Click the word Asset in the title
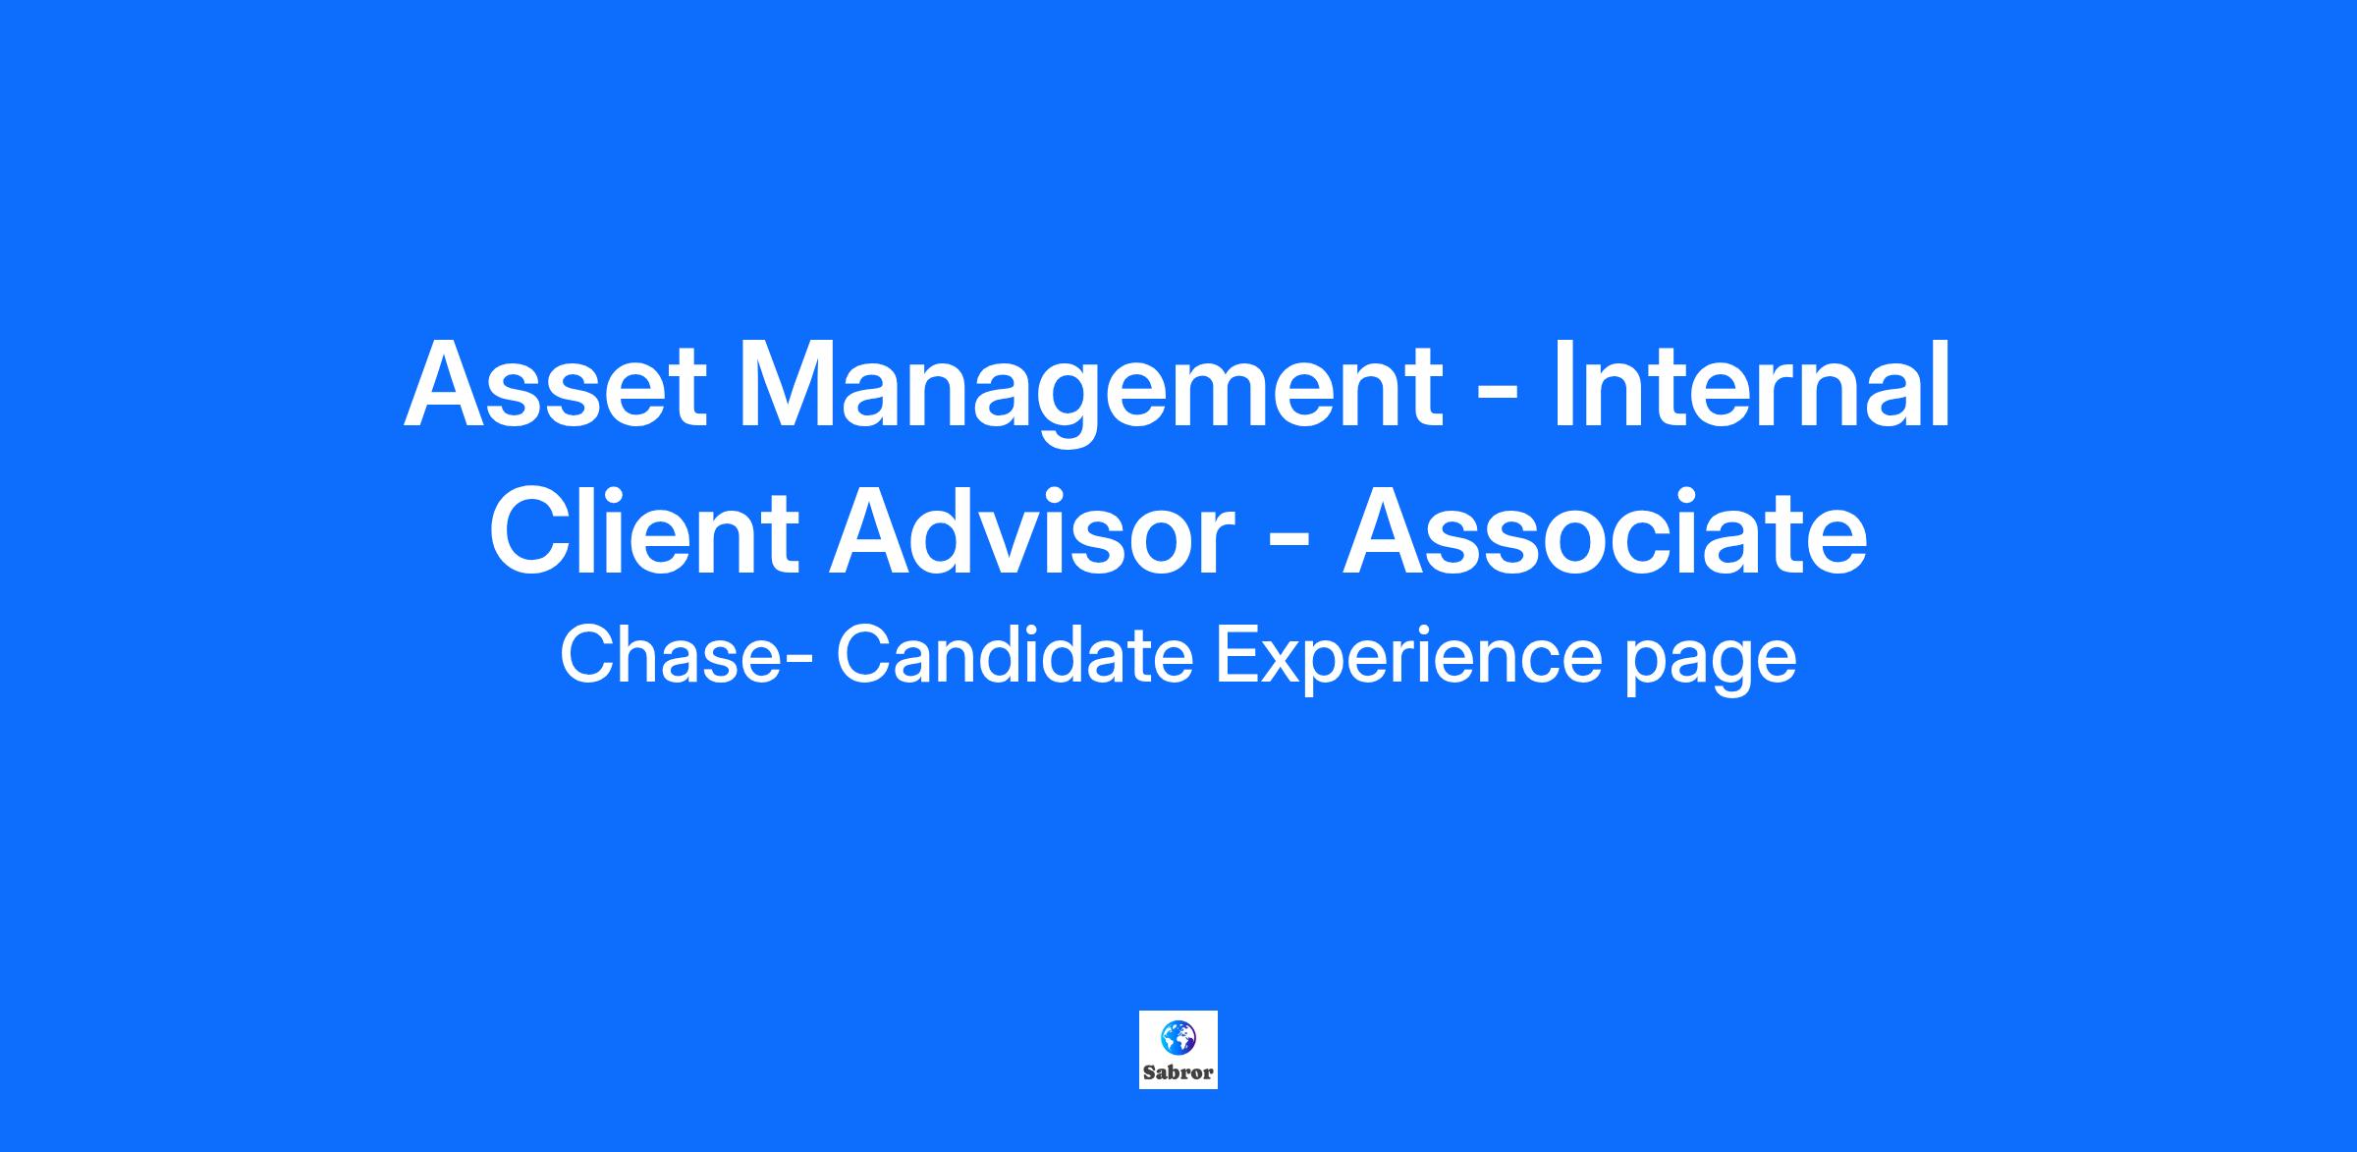click(555, 384)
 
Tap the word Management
click(1091, 393)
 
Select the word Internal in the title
click(1751, 384)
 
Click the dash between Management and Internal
click(1498, 398)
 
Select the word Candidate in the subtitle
click(1014, 655)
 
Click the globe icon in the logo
click(1178, 1035)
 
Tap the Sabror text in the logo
click(1178, 1072)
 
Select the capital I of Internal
click(1562, 384)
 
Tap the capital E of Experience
click(1238, 655)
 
